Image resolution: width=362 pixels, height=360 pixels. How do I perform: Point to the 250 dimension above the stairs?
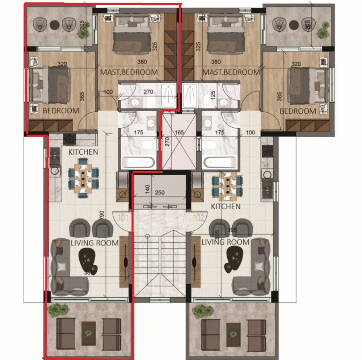pos(160,193)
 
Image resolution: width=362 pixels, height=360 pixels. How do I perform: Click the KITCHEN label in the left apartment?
pos(83,152)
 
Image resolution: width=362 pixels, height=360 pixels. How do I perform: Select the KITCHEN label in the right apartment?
pos(226,207)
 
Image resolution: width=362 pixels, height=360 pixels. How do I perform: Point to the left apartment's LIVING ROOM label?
pos(95,243)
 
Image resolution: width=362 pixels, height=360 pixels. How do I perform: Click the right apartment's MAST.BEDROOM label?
pos(231,72)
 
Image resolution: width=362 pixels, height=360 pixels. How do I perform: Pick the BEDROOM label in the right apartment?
pos(298,111)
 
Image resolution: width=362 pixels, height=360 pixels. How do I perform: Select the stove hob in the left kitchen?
pos(70,139)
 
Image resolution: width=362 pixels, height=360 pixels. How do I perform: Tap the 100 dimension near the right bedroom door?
pos(250,132)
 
